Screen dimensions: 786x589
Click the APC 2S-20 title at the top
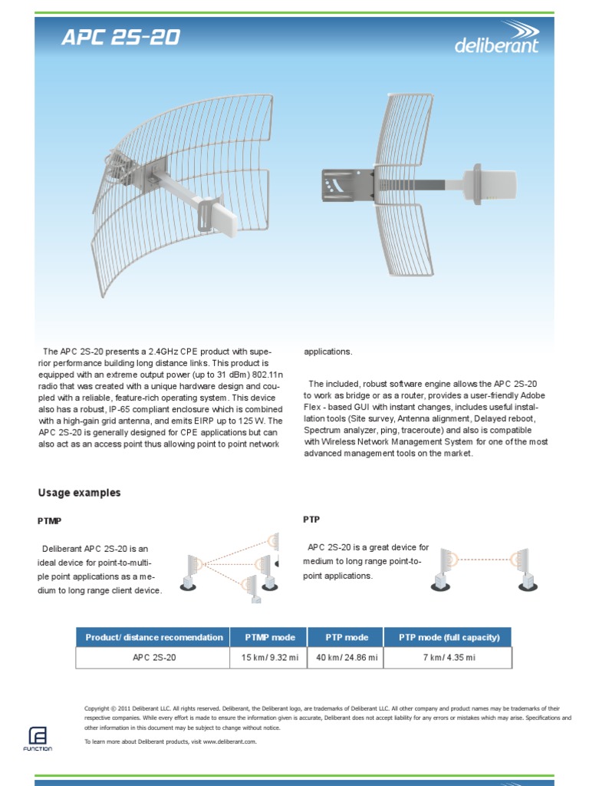pos(121,38)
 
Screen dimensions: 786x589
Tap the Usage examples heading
pos(79,493)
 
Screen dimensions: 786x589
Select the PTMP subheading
pos(49,521)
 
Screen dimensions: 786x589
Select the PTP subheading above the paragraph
pos(311,520)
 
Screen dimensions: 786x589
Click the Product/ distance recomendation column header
pos(153,637)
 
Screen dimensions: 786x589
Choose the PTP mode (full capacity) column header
pos(449,637)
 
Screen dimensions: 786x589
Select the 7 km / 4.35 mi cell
pos(449,658)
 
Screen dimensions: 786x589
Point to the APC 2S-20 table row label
pos(153,658)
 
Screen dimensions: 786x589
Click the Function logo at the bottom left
pos(38,738)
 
